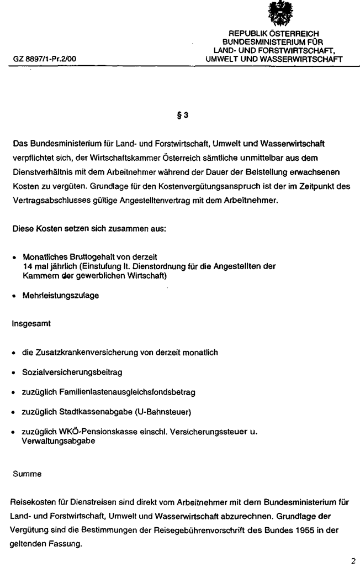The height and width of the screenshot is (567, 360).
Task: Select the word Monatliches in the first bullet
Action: coord(43,257)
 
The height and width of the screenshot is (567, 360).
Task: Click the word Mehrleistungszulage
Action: coord(61,296)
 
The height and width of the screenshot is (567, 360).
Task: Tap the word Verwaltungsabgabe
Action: coord(56,442)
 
